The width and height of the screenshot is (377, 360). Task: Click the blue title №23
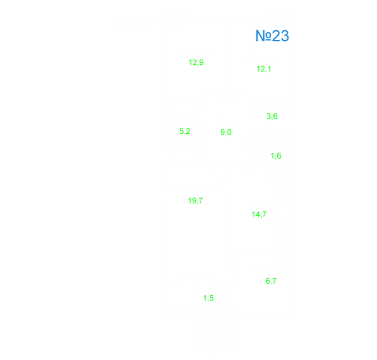pos(272,36)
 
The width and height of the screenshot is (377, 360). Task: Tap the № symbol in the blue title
pos(264,36)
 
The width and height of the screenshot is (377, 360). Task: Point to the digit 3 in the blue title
pos(285,36)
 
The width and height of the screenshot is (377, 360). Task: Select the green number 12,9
pos(196,62)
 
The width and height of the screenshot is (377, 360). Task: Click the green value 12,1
pos(264,69)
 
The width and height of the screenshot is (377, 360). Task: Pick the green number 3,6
pos(272,116)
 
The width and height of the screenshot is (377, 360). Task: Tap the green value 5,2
pos(185,131)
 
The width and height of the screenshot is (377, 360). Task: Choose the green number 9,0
pos(226,132)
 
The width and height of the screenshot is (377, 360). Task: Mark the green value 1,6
pos(276,156)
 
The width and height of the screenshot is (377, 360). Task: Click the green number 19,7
pos(195,201)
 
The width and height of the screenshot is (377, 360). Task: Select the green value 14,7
pos(259,214)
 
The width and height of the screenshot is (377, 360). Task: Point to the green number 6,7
pos(271,281)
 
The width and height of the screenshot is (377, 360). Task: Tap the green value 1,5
pos(208,298)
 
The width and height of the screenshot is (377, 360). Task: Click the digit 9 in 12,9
pos(201,62)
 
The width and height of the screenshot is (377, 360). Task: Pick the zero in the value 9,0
pos(229,132)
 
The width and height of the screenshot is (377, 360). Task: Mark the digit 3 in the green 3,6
pos(269,116)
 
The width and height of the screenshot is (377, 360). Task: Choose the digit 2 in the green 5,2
pos(188,131)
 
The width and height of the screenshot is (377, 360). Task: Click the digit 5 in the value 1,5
pos(212,298)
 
